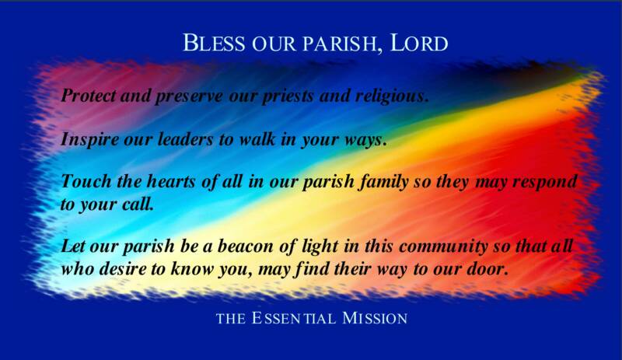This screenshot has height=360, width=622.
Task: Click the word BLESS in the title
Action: tap(214, 43)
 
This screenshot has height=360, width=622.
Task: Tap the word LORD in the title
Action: tap(419, 43)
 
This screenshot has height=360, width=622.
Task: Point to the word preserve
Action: tap(188, 97)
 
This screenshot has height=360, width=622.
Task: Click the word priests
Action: tap(285, 97)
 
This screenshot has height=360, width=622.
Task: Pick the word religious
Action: tap(392, 97)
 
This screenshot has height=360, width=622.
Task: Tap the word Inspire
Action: tap(89, 140)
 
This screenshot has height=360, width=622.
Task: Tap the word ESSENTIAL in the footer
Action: tap(294, 318)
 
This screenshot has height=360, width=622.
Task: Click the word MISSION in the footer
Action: tap(375, 318)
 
